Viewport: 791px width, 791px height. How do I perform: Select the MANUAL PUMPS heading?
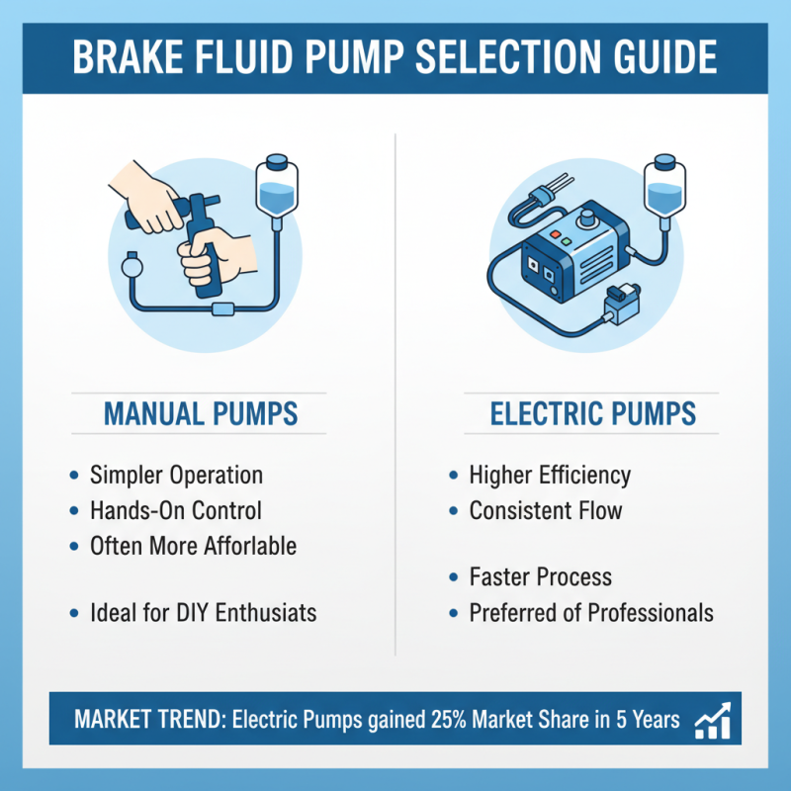coord(201,413)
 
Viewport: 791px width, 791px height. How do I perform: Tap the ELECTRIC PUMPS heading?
coord(592,413)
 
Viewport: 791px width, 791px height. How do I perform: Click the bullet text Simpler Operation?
coord(176,475)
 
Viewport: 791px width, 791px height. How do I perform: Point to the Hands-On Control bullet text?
coord(176,510)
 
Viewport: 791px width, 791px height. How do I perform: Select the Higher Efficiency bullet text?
coord(550,475)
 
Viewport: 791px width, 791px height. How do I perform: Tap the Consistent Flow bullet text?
coord(546,510)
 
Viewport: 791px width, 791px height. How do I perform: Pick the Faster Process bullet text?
coord(540,576)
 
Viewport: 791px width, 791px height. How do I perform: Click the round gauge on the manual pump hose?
coord(129,266)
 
